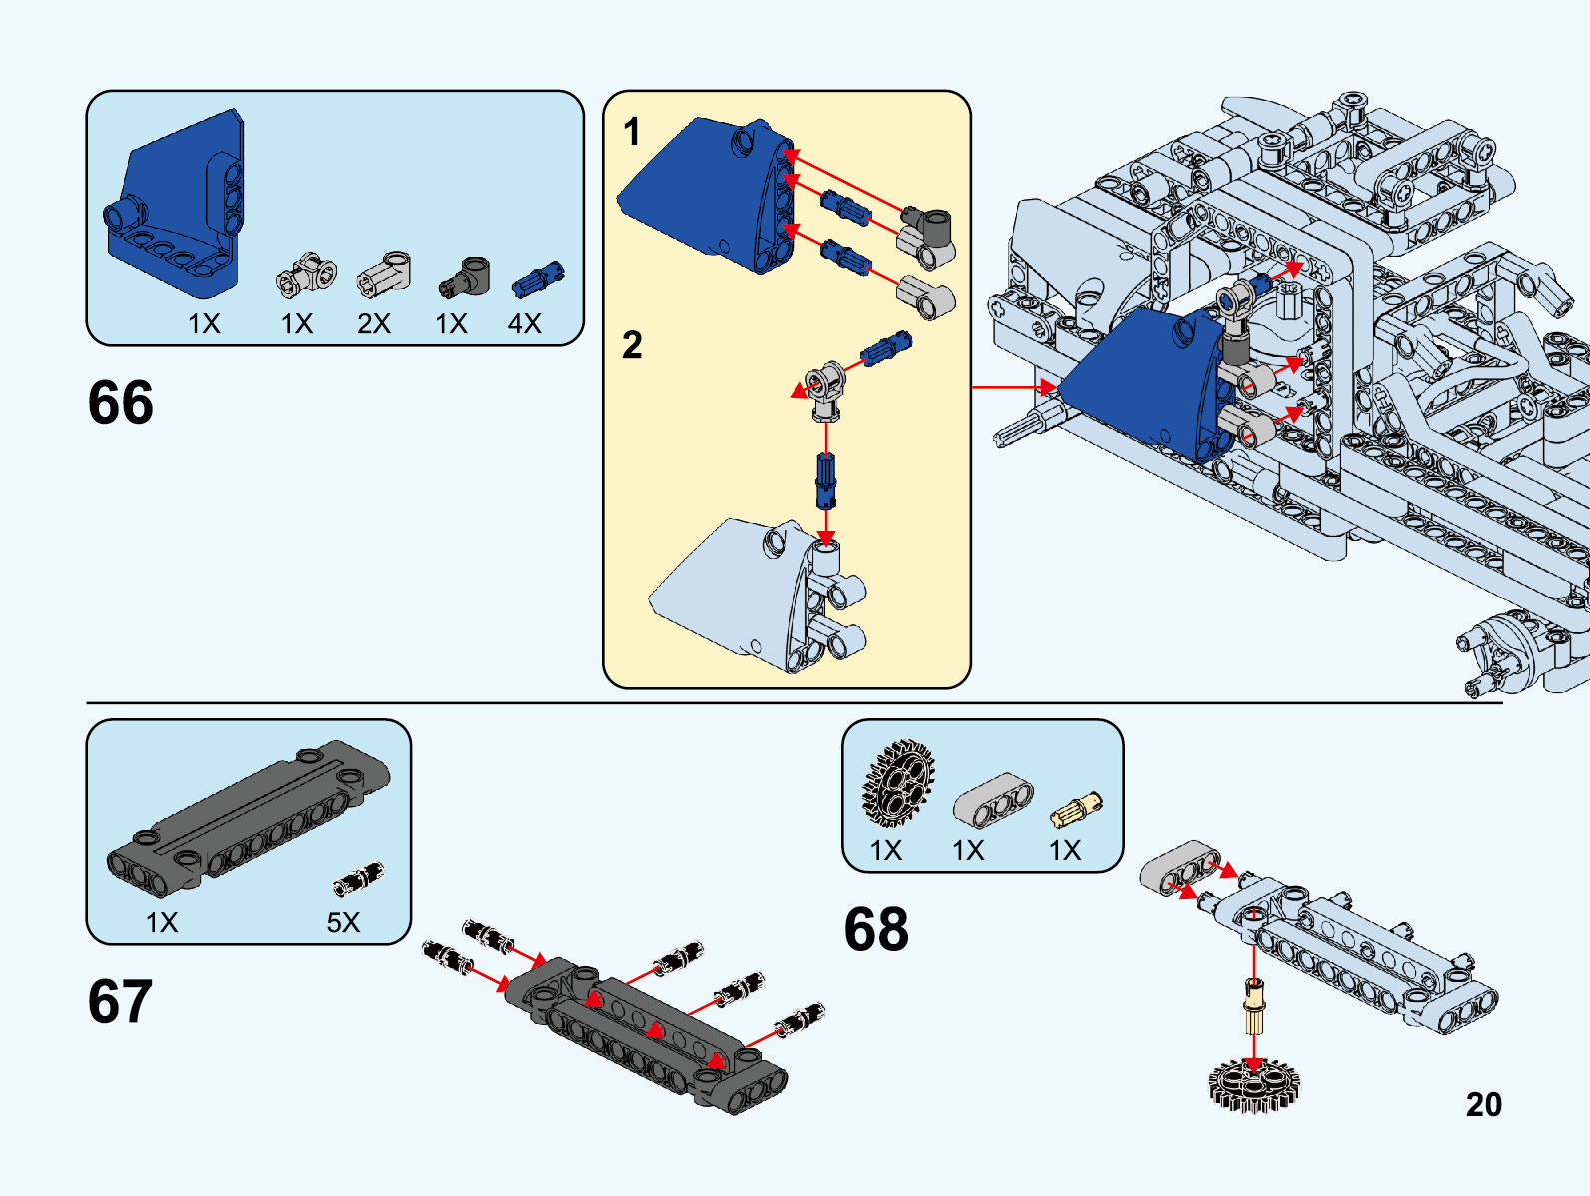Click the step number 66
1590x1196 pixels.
coord(121,402)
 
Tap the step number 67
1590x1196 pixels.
coord(120,1001)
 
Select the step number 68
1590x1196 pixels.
coord(876,929)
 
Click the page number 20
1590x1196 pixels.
coord(1483,1104)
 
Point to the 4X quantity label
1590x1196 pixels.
coord(524,323)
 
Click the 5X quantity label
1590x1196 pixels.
coord(343,922)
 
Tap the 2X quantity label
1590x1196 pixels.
coord(373,323)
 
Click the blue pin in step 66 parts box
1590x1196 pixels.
coord(538,279)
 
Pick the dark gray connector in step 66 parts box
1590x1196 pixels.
coord(466,277)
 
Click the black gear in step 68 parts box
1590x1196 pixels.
coord(898,783)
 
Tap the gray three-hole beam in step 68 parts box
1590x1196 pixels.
coord(993,801)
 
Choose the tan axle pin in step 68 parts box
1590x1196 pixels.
coord(1076,809)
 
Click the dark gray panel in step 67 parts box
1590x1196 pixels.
coord(250,814)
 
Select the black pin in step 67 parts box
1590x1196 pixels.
coord(358,878)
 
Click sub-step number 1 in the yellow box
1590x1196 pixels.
coord(631,131)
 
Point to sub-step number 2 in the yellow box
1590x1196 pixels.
coord(631,345)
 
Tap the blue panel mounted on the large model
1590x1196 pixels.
coord(1144,385)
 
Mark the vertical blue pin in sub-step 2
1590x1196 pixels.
coord(826,481)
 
